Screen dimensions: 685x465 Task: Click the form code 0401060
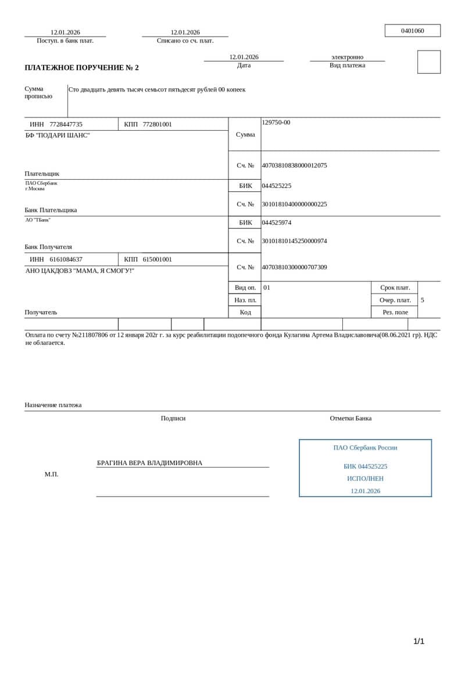pos(413,31)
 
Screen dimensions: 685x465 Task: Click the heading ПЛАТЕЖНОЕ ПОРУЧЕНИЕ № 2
pos(81,67)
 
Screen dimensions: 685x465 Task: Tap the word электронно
pos(347,57)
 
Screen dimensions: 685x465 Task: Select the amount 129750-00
pos(276,122)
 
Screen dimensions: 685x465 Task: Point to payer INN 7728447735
pos(66,124)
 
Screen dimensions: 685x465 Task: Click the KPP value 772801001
pos(157,124)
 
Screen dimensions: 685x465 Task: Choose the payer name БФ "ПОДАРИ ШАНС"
pos(58,135)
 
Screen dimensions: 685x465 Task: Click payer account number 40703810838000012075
pos(294,166)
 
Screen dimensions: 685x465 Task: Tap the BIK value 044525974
pos(277,223)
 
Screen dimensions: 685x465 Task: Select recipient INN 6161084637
pos(66,259)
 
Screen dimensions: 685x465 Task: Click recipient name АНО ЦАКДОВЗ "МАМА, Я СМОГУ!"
pos(80,270)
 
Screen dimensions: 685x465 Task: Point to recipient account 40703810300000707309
pos(294,267)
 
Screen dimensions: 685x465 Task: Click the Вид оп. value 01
pos(267,287)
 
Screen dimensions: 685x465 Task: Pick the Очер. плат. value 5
pos(423,300)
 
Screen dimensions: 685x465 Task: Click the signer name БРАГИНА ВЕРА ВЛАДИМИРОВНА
pos(149,463)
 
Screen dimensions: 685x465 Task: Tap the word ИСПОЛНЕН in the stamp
pos(365,479)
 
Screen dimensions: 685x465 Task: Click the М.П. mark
pos(52,474)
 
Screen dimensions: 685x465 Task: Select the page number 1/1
pos(419,641)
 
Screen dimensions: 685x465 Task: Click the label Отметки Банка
pos(350,418)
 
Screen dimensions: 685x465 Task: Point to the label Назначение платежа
pos(53,405)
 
